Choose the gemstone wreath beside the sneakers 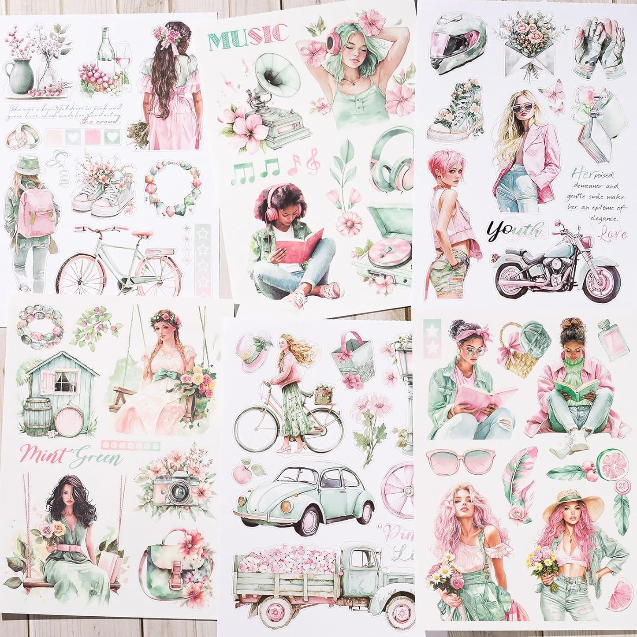coord(165,189)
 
